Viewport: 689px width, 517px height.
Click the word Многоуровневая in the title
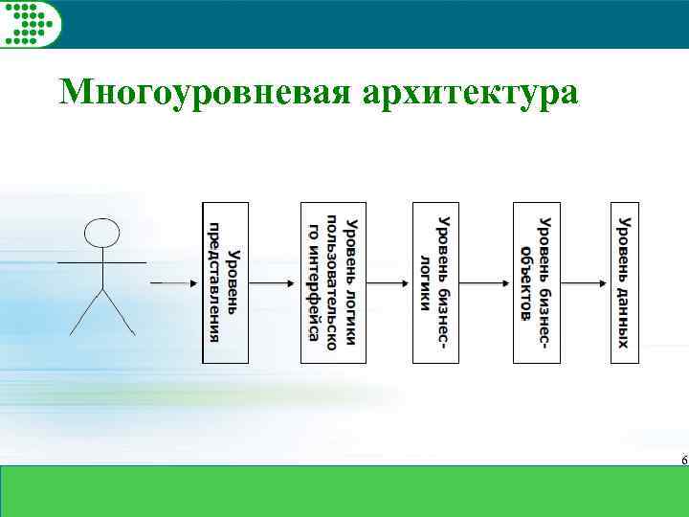[x=203, y=93]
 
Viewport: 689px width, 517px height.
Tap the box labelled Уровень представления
[x=226, y=282]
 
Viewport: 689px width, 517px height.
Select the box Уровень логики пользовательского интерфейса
[x=332, y=282]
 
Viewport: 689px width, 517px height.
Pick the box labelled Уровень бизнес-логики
[x=436, y=282]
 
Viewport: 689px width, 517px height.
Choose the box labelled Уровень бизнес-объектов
[x=536, y=282]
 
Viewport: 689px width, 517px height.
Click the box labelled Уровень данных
[x=624, y=282]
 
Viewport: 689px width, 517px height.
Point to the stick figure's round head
[x=102, y=232]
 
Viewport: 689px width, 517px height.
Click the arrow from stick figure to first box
[x=174, y=282]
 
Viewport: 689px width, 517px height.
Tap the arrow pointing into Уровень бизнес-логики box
[x=389, y=282]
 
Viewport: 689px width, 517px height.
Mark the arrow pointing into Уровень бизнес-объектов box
[x=488, y=282]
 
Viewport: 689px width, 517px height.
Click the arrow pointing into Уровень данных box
[x=585, y=282]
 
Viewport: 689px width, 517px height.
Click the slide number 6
[x=683, y=461]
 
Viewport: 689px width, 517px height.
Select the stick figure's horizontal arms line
[x=101, y=261]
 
